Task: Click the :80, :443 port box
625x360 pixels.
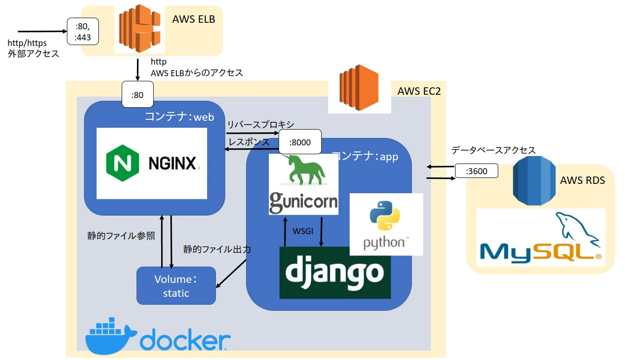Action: click(x=83, y=32)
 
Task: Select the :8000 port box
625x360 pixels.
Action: click(x=299, y=143)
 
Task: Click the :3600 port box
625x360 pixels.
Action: click(x=476, y=171)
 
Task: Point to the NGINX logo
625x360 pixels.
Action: click(x=151, y=163)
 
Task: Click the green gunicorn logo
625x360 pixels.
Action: click(x=303, y=184)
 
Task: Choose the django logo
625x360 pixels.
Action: click(x=335, y=272)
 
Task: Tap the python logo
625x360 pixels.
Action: click(x=385, y=224)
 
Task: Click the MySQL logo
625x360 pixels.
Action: click(x=540, y=237)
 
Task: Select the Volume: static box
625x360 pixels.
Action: click(x=176, y=286)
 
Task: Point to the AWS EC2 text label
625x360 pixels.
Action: click(x=419, y=91)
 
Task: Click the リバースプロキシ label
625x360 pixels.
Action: click(x=260, y=124)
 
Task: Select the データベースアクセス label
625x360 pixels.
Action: click(x=493, y=150)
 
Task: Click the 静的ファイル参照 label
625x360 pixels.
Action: click(x=121, y=236)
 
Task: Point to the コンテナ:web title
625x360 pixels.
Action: click(x=179, y=117)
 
